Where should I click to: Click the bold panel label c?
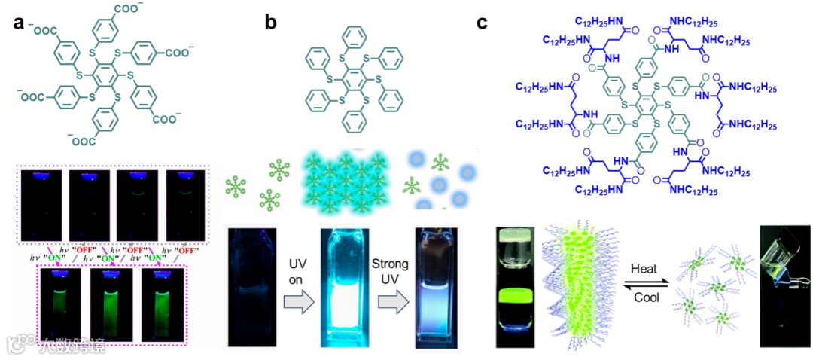[x=484, y=23]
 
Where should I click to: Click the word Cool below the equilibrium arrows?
[x=645, y=298]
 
